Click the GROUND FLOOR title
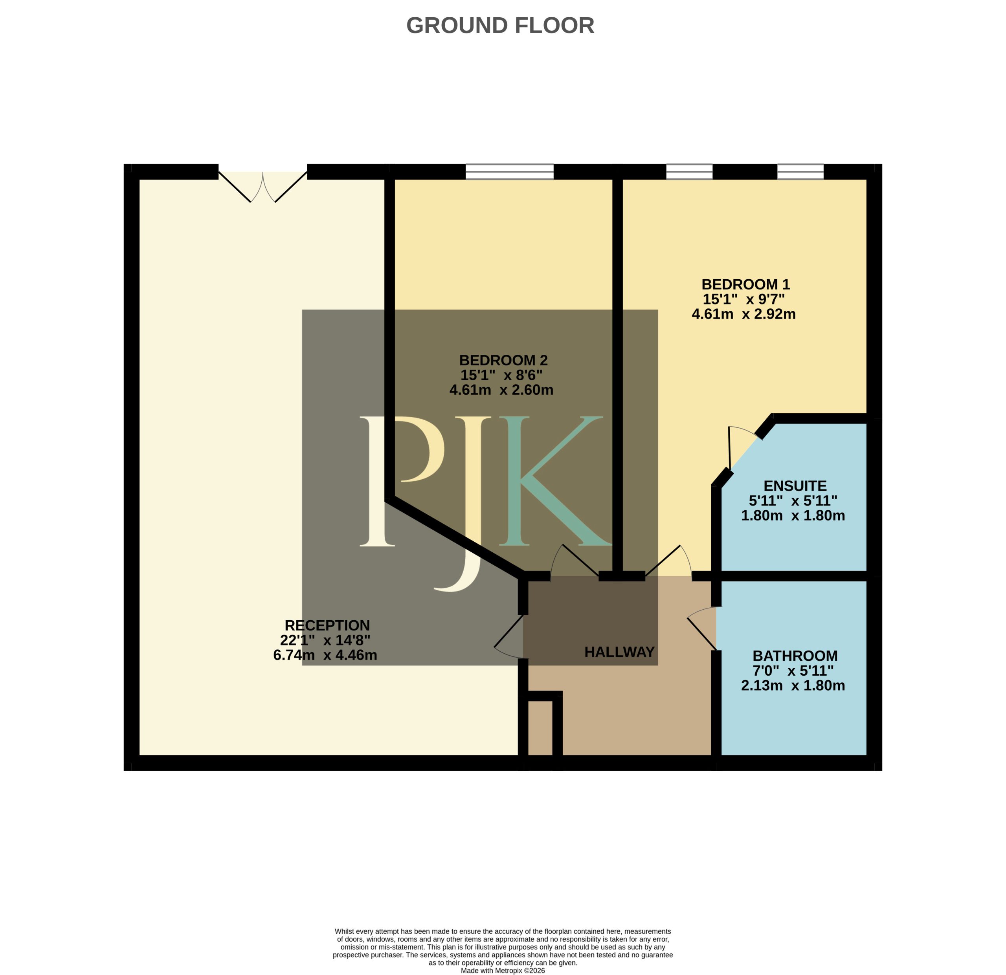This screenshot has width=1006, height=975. [x=500, y=26]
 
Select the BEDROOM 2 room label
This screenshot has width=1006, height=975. [x=503, y=360]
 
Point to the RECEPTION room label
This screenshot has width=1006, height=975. [x=327, y=625]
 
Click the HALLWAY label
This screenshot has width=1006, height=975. [x=619, y=652]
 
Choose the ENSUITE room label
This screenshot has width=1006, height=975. [x=795, y=486]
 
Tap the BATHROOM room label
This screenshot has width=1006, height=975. [x=795, y=656]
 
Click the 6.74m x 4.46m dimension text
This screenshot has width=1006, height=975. [x=325, y=655]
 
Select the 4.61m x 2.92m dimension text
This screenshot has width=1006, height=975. [x=744, y=314]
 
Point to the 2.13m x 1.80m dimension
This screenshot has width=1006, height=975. [x=793, y=685]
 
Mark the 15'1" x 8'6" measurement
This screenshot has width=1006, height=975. [x=501, y=375]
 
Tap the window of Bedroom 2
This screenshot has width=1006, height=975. [x=510, y=172]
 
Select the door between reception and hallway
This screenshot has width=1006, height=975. [x=509, y=636]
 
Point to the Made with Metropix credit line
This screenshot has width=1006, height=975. [x=503, y=970]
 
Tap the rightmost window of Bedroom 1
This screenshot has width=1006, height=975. [x=800, y=172]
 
